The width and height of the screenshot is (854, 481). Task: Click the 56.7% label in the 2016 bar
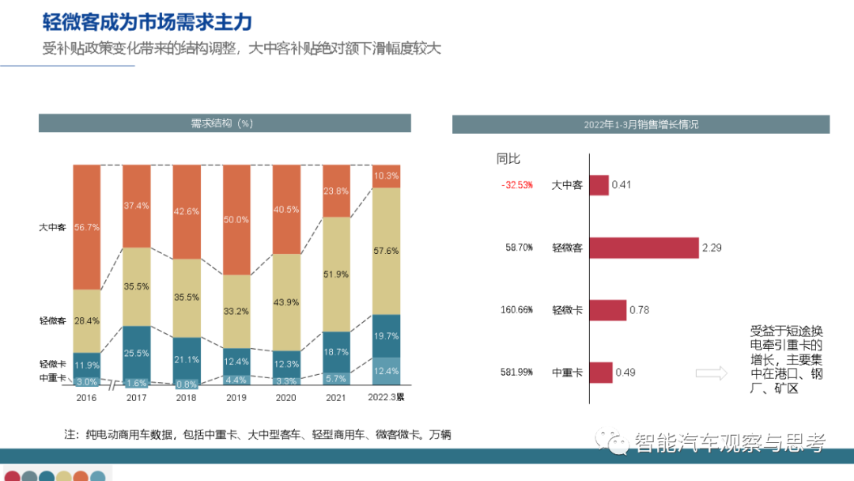click(87, 227)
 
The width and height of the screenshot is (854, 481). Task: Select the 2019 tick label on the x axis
click(236, 397)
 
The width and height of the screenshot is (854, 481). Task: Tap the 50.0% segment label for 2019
click(236, 220)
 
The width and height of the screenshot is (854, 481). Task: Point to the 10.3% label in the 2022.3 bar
click(386, 176)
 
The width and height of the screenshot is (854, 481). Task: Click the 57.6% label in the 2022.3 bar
click(386, 251)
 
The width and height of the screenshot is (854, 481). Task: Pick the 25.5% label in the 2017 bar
click(137, 353)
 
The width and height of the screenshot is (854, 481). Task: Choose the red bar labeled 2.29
click(644, 248)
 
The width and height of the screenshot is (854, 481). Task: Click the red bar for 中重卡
click(601, 372)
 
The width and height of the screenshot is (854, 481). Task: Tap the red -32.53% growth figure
click(517, 185)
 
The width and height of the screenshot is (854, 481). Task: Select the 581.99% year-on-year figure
click(517, 372)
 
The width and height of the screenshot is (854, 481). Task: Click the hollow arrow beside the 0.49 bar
click(712, 373)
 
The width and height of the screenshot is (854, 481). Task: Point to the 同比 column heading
click(508, 159)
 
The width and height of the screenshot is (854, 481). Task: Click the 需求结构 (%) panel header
click(225, 123)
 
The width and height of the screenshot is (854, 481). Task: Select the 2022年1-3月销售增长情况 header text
click(640, 125)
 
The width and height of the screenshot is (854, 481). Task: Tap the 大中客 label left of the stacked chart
click(52, 227)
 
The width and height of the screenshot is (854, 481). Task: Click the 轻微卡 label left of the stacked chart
click(52, 364)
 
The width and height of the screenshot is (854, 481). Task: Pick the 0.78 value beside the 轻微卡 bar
click(639, 310)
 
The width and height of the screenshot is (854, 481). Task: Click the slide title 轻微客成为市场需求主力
click(147, 21)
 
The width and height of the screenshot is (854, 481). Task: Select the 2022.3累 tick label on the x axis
click(386, 397)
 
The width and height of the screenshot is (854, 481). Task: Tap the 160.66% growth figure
click(517, 310)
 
